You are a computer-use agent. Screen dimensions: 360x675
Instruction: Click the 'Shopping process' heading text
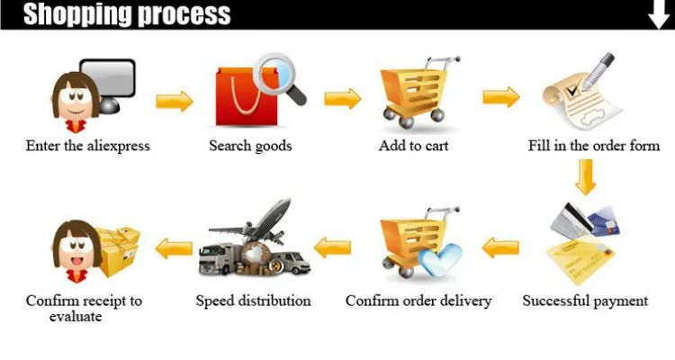click(127, 14)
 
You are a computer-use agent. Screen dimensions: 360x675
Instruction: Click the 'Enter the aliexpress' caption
click(87, 146)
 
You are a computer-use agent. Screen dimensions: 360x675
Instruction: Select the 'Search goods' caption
click(250, 146)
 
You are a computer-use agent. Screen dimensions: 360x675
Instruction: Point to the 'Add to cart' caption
click(413, 146)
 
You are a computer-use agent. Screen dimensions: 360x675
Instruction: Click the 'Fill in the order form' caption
click(594, 146)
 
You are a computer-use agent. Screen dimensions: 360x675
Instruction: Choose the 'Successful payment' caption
click(585, 301)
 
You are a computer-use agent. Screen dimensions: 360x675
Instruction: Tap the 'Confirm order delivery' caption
click(418, 301)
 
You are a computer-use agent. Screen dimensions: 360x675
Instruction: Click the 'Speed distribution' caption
click(253, 301)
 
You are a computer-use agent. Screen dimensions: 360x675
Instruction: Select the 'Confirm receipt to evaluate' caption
click(84, 308)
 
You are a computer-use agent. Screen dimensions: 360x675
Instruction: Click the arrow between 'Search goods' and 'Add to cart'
click(342, 98)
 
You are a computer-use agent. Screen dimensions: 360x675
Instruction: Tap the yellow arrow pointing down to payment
click(586, 176)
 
